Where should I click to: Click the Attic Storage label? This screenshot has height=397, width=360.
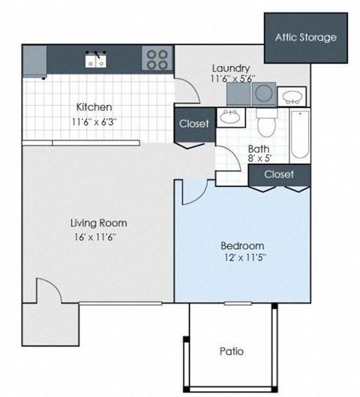[305, 37]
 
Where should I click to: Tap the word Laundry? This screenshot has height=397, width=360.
[229, 67]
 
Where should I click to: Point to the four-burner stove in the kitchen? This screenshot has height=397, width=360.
[156, 59]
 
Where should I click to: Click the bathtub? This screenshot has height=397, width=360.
[299, 135]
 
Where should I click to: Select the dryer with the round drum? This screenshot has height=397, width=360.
[264, 94]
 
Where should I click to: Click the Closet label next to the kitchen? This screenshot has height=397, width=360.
[193, 124]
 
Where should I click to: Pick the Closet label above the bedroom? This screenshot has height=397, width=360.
[279, 174]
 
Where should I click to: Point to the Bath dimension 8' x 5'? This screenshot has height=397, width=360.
[259, 159]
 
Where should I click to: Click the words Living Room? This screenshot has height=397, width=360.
[98, 223]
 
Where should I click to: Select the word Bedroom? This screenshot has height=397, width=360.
[242, 246]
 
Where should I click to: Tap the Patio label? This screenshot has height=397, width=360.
[231, 350]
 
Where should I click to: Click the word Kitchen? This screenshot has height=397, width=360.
[94, 107]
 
